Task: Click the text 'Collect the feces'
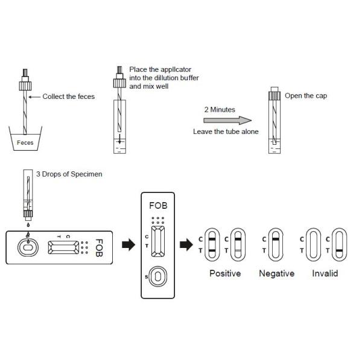[x=68, y=97]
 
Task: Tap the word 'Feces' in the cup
[x=25, y=143]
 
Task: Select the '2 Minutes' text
[x=219, y=110]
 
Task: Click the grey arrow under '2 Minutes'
[x=220, y=120]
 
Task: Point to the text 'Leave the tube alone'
[x=221, y=131]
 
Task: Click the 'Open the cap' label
[x=306, y=95]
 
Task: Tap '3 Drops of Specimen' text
[x=69, y=174]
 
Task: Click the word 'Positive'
[x=224, y=273]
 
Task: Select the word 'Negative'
[x=276, y=273]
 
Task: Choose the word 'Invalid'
[x=325, y=273]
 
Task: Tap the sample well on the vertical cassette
[x=158, y=276]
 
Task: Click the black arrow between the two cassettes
[x=128, y=246]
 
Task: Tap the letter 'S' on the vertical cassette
[x=146, y=277]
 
